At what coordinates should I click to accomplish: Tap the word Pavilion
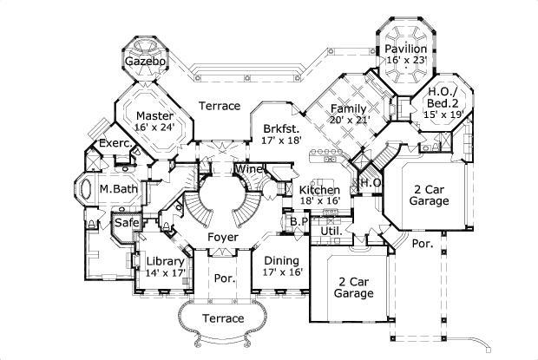[x=406, y=49]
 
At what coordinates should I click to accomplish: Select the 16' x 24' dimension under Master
[x=154, y=126]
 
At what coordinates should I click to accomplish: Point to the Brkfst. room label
[x=281, y=128]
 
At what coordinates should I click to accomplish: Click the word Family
[x=348, y=108]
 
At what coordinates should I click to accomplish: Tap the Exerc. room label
[x=114, y=142]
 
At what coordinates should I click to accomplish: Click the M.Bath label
[x=115, y=188]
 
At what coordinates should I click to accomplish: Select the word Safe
[x=128, y=222]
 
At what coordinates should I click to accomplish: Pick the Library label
[x=164, y=261]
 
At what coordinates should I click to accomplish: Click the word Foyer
[x=223, y=236]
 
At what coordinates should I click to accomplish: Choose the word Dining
[x=281, y=260]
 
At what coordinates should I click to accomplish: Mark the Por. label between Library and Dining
[x=223, y=278]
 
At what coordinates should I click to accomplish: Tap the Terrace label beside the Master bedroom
[x=219, y=106]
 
